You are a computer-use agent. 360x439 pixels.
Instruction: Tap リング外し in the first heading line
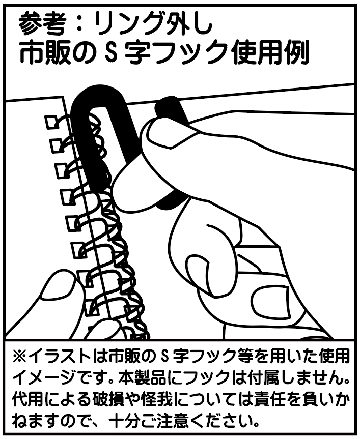point(144,22)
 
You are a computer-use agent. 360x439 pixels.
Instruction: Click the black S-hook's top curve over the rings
point(97,97)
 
